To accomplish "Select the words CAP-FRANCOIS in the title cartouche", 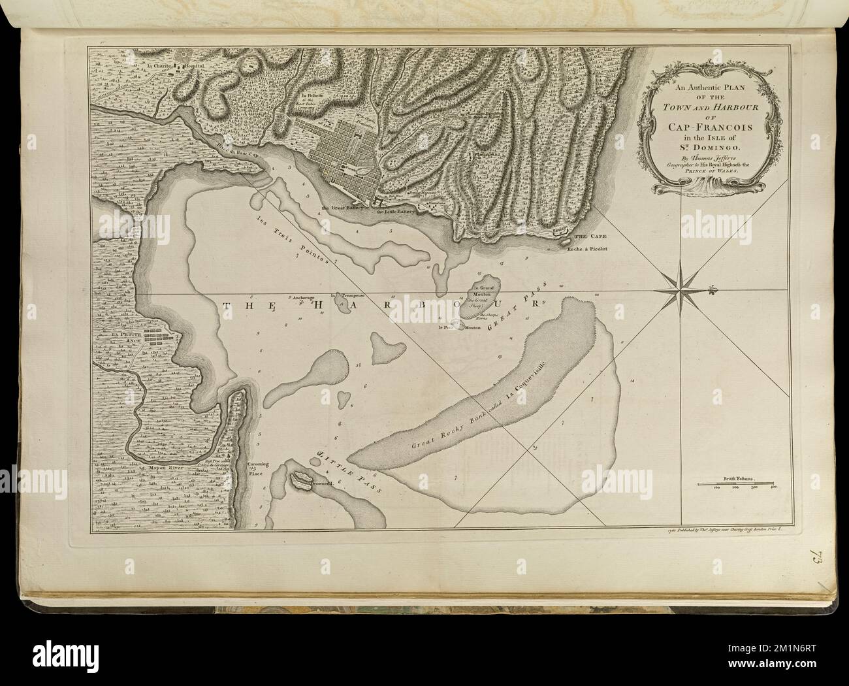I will pyautogui.click(x=710, y=127).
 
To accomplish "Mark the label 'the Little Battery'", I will pyautogui.click(x=395, y=212).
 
